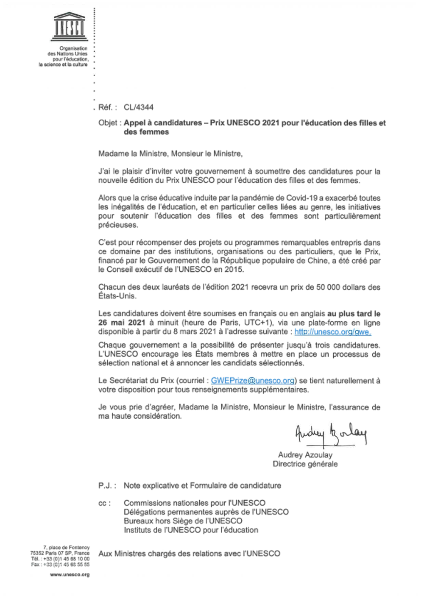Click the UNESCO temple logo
(70, 27)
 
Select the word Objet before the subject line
(108, 123)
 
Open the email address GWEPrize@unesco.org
(253, 381)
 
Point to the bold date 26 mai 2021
(122, 323)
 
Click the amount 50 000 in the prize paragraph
(328, 287)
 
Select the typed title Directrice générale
(305, 464)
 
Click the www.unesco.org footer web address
(70, 575)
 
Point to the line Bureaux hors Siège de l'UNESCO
(183, 521)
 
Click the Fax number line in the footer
(60, 564)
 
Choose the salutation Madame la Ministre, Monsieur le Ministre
(170, 153)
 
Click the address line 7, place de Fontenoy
(66, 548)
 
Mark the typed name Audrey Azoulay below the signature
(305, 455)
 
